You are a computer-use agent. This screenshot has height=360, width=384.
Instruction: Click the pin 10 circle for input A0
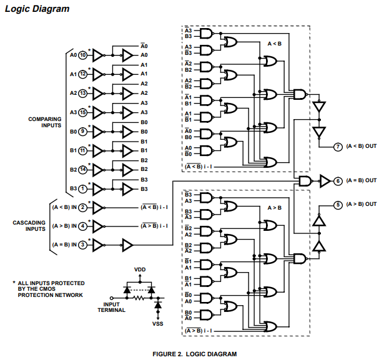click(x=82, y=55)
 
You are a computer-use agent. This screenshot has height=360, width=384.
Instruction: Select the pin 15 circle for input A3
click(x=82, y=112)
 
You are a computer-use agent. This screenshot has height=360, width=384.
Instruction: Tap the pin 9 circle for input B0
click(x=82, y=132)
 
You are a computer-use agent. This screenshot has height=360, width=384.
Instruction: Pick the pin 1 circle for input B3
click(x=82, y=188)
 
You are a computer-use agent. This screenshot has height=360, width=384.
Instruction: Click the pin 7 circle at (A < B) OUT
click(x=338, y=146)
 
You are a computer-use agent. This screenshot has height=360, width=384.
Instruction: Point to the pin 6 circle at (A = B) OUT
click(x=338, y=181)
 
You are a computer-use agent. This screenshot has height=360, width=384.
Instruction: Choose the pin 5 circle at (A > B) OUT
click(x=338, y=204)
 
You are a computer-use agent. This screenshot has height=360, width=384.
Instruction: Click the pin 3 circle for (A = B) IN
click(x=82, y=244)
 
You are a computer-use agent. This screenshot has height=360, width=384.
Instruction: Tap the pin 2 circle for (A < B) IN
click(x=82, y=207)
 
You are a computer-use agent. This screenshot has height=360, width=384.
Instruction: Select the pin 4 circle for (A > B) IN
click(x=82, y=225)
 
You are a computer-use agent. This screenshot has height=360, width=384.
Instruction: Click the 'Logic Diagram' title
click(x=37, y=9)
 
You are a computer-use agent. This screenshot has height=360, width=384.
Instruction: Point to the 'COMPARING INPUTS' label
click(x=45, y=122)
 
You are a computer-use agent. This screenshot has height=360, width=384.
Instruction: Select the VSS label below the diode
click(x=157, y=324)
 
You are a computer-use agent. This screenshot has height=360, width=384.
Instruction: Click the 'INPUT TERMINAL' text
click(x=112, y=307)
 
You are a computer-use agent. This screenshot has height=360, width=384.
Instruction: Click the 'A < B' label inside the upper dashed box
click(x=275, y=44)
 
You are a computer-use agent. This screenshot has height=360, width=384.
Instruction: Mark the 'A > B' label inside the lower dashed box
click(x=275, y=207)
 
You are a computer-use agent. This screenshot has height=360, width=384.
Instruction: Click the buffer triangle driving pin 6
click(x=325, y=181)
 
